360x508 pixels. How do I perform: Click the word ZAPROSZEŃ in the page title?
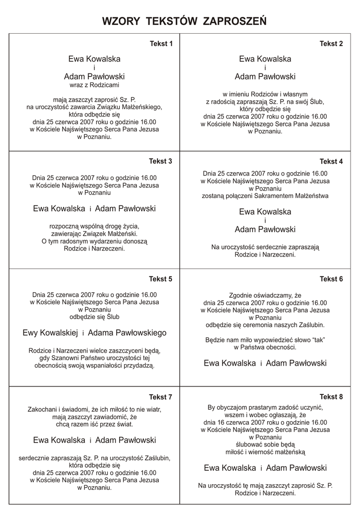[x=235, y=21]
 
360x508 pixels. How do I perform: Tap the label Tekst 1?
[x=161, y=44]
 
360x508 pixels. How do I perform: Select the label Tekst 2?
[x=331, y=44]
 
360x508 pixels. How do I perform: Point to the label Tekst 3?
[x=161, y=161]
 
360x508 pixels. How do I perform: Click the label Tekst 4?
[x=331, y=161]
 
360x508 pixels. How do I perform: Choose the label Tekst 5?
[x=161, y=279]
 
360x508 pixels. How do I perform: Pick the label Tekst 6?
[x=331, y=279]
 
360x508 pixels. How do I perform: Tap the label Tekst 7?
[x=161, y=397]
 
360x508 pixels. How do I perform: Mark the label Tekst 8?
[x=331, y=396]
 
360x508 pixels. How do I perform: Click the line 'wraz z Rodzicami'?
[x=94, y=85]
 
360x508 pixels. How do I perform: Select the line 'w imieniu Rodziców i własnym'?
[x=265, y=94]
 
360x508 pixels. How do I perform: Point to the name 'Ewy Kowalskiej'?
[x=51, y=333]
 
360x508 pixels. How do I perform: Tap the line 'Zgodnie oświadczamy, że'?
[x=265, y=294]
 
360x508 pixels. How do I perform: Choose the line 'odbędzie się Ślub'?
[x=94, y=316]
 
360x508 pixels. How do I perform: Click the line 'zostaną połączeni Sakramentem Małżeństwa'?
[x=265, y=196]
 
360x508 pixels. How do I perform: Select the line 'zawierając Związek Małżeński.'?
[x=94, y=234]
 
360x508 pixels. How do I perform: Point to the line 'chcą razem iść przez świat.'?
[x=94, y=425]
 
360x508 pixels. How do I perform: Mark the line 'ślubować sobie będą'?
[x=265, y=444]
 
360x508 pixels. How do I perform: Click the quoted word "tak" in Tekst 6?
[x=318, y=340]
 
